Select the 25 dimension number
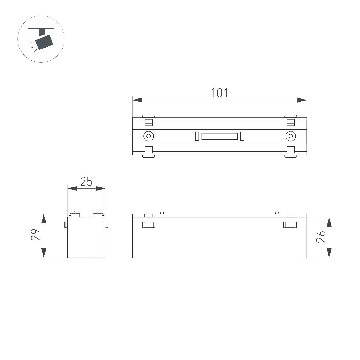(86, 182)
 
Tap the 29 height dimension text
(36, 235)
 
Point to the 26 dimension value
(321, 237)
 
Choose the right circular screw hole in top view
(290, 136)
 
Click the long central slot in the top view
(220, 136)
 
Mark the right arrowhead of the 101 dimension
(302, 100)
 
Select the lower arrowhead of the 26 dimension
(329, 253)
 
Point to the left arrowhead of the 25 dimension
(73, 189)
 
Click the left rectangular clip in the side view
(149, 225)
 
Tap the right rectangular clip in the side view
(290, 225)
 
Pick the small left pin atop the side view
(162, 213)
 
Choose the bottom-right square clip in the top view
(290, 150)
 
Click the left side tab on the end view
(66, 225)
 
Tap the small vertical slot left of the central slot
(197, 136)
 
